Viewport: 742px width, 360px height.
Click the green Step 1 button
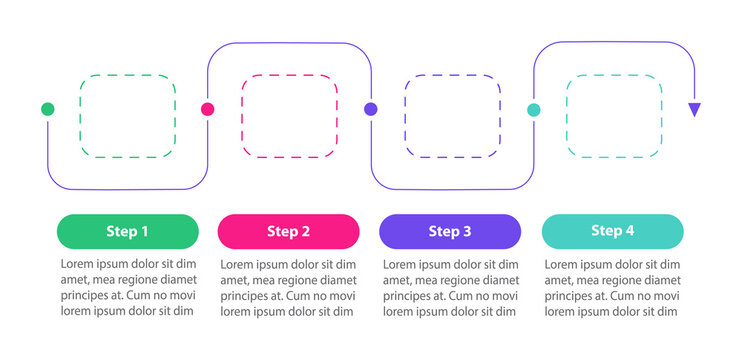pyautogui.click(x=127, y=231)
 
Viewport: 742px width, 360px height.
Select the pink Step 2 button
pyautogui.click(x=288, y=231)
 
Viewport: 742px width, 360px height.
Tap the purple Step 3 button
pyautogui.click(x=449, y=231)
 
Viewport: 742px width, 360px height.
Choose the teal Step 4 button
pyautogui.click(x=612, y=231)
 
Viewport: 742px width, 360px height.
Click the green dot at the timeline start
pyautogui.click(x=47, y=109)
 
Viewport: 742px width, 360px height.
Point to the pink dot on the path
pyautogui.click(x=208, y=109)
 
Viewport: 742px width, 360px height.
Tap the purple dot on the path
pyautogui.click(x=370, y=109)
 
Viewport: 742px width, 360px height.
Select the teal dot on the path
pyautogui.click(x=533, y=109)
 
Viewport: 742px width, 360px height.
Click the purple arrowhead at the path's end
pyautogui.click(x=694, y=110)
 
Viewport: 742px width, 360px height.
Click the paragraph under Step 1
pyautogui.click(x=127, y=288)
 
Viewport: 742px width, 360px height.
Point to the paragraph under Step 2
pyautogui.click(x=288, y=288)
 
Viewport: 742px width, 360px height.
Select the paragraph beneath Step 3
pyautogui.click(x=450, y=288)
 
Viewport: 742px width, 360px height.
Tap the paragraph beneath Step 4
pyautogui.click(x=612, y=288)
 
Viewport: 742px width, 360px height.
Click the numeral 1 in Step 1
pyautogui.click(x=144, y=232)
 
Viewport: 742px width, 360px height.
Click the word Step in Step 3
pyautogui.click(x=443, y=232)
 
